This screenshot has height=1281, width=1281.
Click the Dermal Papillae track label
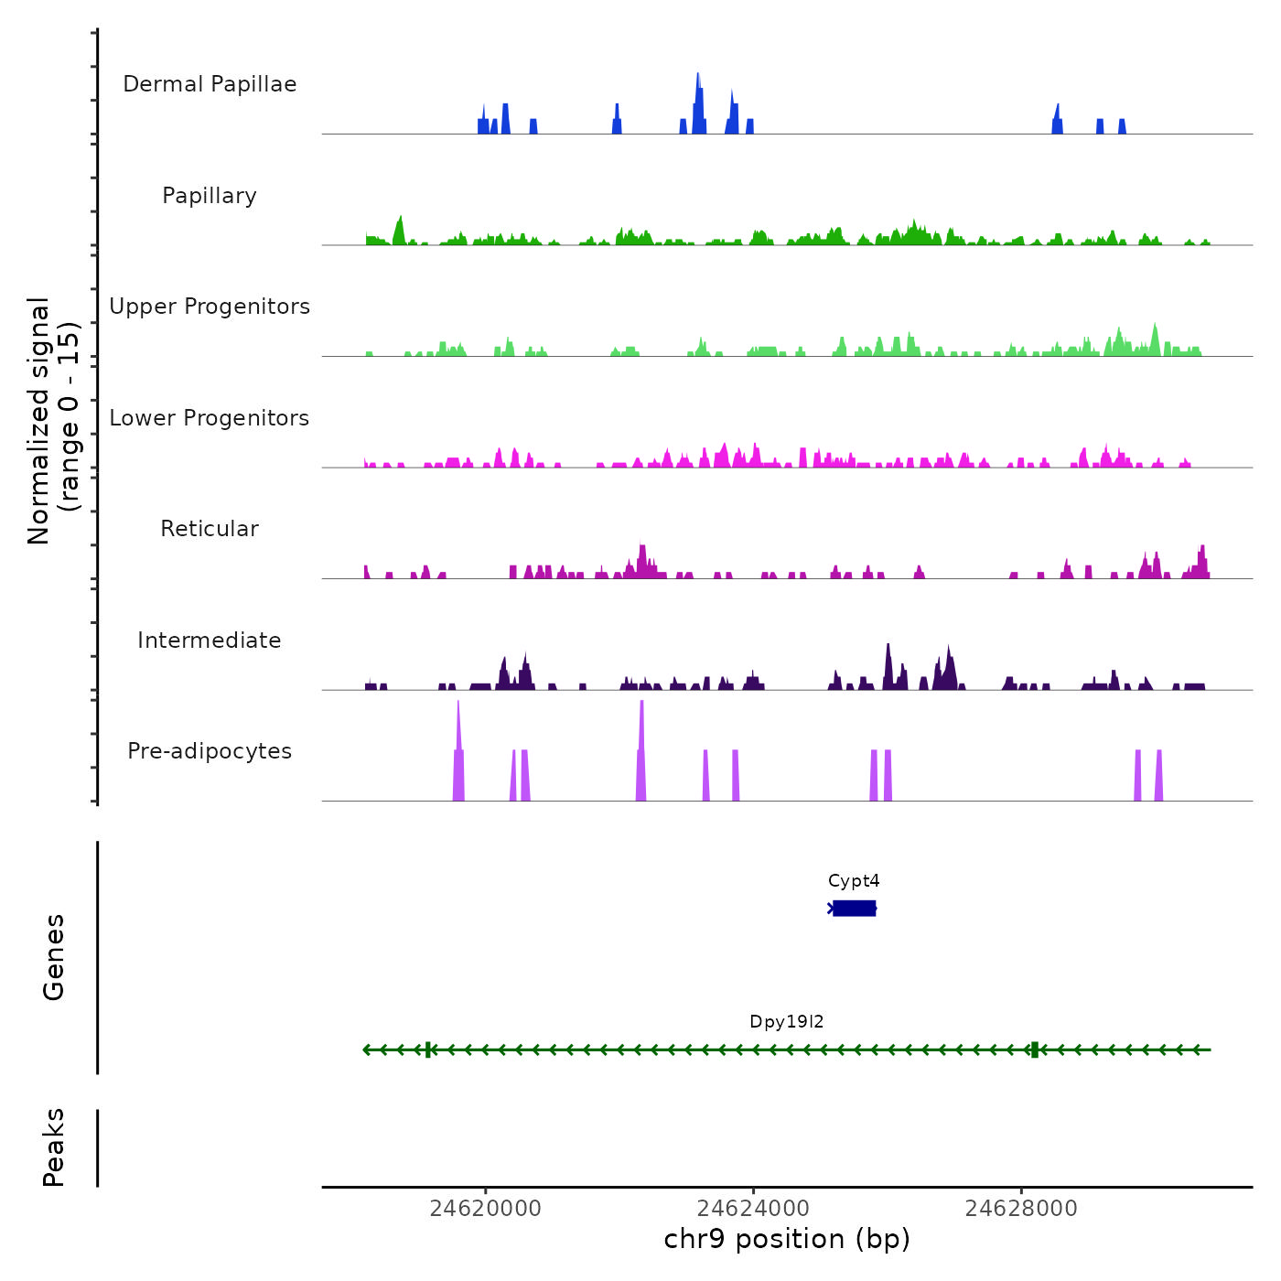[x=210, y=84]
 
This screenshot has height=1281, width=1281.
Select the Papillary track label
[x=210, y=196]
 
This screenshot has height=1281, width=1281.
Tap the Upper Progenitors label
[x=210, y=307]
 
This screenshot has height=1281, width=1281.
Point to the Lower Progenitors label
[x=210, y=418]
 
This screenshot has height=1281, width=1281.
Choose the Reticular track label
[x=210, y=529]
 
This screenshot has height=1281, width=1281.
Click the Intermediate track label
[x=210, y=640]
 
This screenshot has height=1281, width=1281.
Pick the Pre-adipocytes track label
[x=210, y=751]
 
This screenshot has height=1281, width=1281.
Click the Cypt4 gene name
[x=854, y=881]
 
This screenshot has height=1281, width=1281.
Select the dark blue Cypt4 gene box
[x=855, y=908]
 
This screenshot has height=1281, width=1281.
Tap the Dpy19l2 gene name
[x=787, y=1022]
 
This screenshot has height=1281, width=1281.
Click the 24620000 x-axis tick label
[x=486, y=1209]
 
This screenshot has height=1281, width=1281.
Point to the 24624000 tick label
[x=754, y=1209]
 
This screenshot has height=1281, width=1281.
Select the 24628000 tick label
[x=1021, y=1209]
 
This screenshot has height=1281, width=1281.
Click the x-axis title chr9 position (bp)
[x=787, y=1240]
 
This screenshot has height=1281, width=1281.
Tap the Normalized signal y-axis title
[x=53, y=421]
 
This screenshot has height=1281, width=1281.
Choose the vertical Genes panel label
[x=54, y=957]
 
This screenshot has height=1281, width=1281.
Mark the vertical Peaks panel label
[x=54, y=1147]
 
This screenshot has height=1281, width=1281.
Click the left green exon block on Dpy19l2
[x=428, y=1050]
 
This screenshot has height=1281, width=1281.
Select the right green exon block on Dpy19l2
[x=1035, y=1050]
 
